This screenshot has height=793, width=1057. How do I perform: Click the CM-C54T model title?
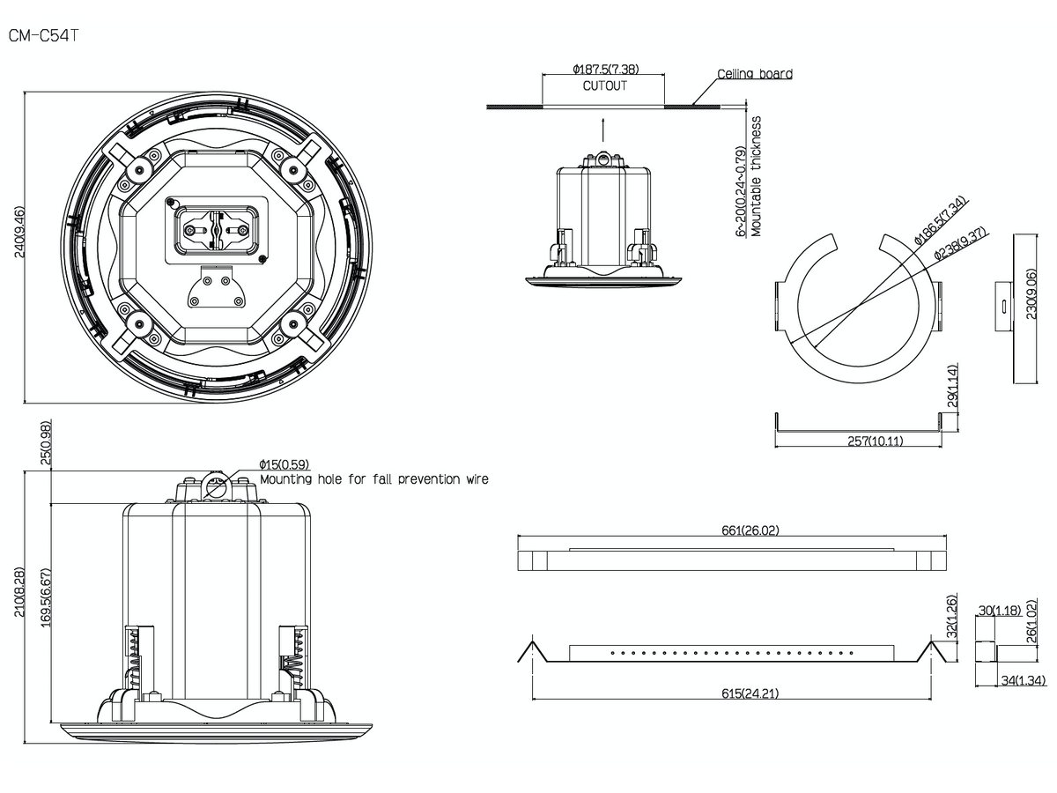tap(45, 38)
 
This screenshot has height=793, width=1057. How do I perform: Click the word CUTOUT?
tap(604, 86)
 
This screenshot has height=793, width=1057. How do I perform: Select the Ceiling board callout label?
tap(754, 74)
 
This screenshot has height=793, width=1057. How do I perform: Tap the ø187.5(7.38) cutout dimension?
tap(604, 68)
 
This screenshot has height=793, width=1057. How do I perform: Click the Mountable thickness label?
tap(756, 176)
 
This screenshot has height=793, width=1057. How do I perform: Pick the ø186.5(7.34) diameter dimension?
tap(940, 220)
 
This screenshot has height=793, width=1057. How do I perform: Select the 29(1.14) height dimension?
tap(954, 386)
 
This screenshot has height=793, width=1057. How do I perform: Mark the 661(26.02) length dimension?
tap(736, 530)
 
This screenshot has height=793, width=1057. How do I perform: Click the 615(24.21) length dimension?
tap(736, 693)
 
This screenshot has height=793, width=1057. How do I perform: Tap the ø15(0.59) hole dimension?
tap(284, 464)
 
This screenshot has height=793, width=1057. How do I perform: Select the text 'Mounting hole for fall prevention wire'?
tap(373, 479)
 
